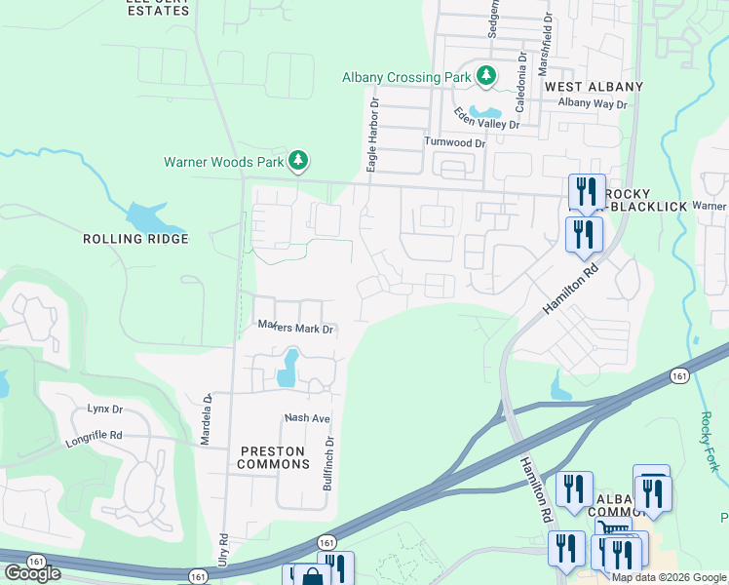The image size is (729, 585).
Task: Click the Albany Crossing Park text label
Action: [405, 77]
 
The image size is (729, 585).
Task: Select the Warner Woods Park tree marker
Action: [299, 160]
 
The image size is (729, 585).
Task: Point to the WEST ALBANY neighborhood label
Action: [594, 87]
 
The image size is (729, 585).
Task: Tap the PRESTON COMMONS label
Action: [272, 457]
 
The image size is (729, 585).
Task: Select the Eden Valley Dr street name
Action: [487, 118]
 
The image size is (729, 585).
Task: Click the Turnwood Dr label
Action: [453, 142]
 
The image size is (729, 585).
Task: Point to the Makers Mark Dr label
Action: [295, 328]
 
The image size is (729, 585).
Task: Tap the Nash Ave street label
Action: [308, 417]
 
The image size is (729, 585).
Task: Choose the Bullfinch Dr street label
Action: [329, 462]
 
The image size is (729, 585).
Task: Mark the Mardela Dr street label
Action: [206, 419]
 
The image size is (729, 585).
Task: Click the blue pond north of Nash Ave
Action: [288, 368]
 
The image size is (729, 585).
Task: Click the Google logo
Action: [31, 573]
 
